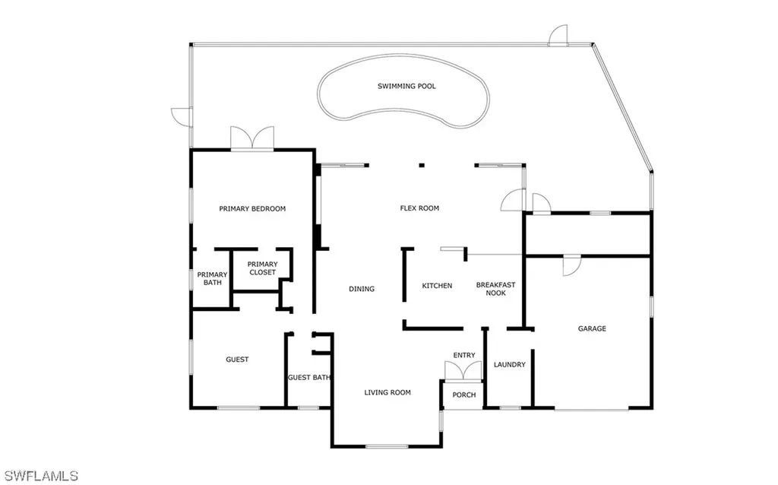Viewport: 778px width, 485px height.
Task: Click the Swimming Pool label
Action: click(x=406, y=87)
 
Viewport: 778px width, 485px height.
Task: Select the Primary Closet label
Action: click(x=262, y=268)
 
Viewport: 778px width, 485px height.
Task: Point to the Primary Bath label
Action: click(x=212, y=279)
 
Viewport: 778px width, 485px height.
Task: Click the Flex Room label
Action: click(x=419, y=208)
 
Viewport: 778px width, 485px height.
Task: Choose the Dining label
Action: click(x=362, y=289)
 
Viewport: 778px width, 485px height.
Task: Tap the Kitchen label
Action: click(x=437, y=286)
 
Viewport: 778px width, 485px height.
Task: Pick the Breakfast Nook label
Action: click(x=495, y=290)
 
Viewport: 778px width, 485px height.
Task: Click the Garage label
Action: click(x=592, y=329)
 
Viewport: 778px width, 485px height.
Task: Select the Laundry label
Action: click(x=509, y=365)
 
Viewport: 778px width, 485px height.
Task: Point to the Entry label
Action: click(x=463, y=356)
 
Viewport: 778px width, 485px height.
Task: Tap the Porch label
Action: click(x=463, y=395)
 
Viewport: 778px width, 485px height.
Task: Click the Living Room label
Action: click(x=387, y=393)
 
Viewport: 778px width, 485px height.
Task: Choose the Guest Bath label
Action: click(x=308, y=378)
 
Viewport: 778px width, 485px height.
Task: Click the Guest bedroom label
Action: click(x=237, y=360)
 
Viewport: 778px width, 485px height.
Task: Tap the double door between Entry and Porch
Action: click(x=463, y=370)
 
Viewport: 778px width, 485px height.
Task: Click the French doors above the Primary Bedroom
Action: click(x=251, y=138)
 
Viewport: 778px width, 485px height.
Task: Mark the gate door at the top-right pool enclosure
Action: click(x=558, y=36)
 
